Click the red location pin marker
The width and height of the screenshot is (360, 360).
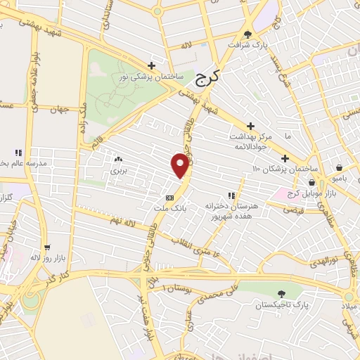coord(181,165)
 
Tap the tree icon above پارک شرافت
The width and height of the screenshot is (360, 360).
coord(247,32)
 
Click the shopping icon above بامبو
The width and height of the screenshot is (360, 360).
coord(340,169)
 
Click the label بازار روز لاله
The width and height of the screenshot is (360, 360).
coord(45,257)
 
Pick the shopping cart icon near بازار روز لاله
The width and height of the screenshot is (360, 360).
coord(47,247)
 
